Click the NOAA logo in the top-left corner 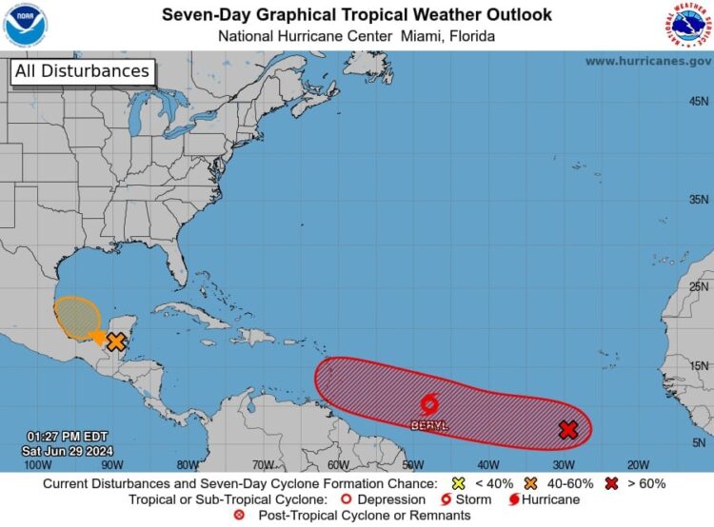pyautogui.click(x=25, y=25)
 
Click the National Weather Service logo pyautogui.click(x=687, y=26)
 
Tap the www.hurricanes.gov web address pyautogui.click(x=647, y=61)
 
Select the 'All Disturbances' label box pyautogui.click(x=82, y=71)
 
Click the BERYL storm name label pyautogui.click(x=429, y=425)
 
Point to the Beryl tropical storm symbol pyautogui.click(x=429, y=403)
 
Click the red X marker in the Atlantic pyautogui.click(x=568, y=430)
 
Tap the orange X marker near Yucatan pyautogui.click(x=116, y=342)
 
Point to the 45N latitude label pyautogui.click(x=699, y=102)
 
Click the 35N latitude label pyautogui.click(x=699, y=200)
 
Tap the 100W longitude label pyautogui.click(x=37, y=465)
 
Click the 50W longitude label pyautogui.click(x=412, y=465)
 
